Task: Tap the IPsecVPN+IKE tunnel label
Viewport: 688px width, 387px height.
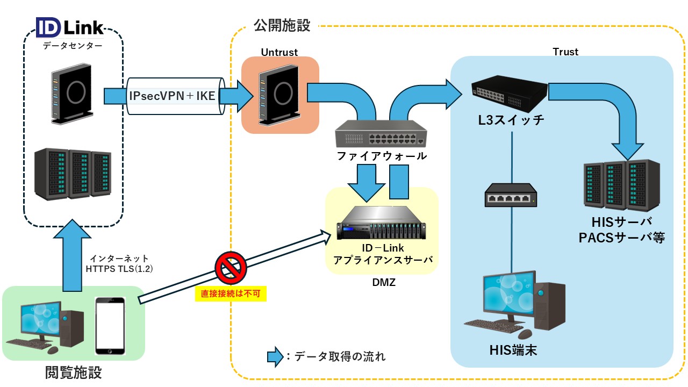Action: pos(172,96)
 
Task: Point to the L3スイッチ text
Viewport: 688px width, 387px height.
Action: pos(511,120)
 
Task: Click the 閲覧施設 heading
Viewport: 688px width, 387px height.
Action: pos(73,372)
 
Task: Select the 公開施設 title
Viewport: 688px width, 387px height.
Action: pos(282,26)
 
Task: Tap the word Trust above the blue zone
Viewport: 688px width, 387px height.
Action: pos(565,52)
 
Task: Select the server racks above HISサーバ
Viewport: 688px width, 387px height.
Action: pos(622,185)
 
